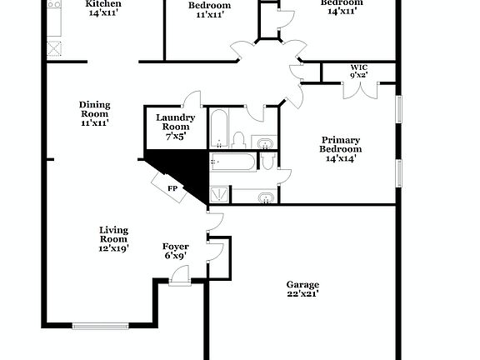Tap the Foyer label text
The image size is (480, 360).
click(x=175, y=247)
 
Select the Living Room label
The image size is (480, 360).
click(x=114, y=234)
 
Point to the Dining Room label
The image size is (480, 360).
click(x=95, y=109)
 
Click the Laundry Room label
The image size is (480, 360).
click(x=175, y=122)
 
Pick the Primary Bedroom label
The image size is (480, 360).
click(x=341, y=143)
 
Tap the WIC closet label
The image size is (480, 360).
click(x=358, y=66)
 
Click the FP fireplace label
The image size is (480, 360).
click(x=172, y=188)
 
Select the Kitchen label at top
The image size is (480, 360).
click(x=103, y=4)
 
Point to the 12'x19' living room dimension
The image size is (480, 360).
click(x=114, y=248)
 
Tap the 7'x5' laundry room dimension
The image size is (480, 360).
click(x=175, y=136)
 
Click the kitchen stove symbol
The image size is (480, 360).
click(x=55, y=48)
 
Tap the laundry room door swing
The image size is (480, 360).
click(x=192, y=97)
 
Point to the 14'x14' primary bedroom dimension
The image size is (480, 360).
click(x=341, y=158)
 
